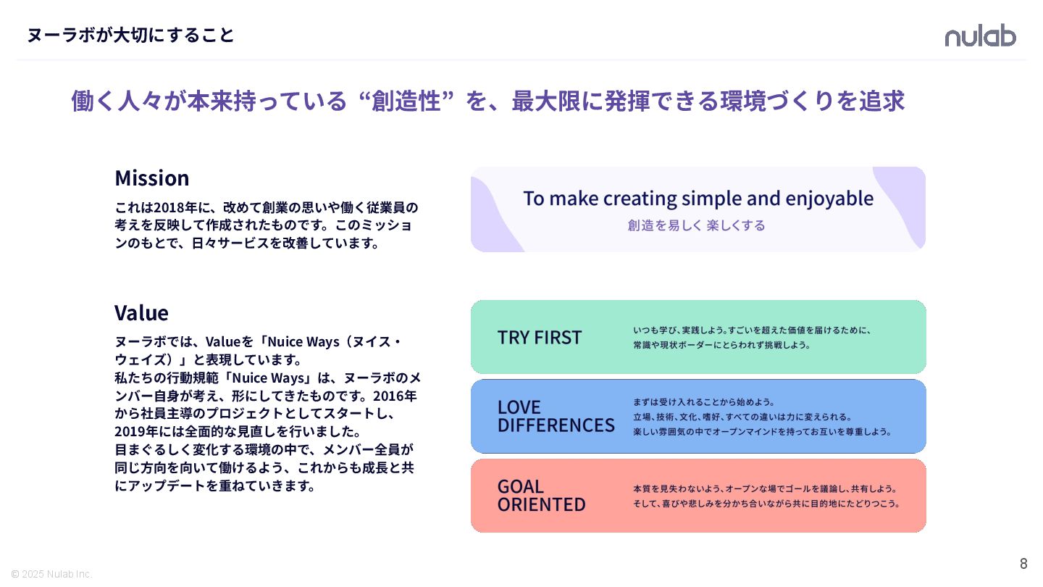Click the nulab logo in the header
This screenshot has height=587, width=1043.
pyautogui.click(x=980, y=36)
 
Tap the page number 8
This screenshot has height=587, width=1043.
pyautogui.click(x=1023, y=564)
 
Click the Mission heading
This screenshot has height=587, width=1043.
pyautogui.click(x=151, y=178)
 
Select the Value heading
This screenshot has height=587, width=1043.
pyautogui.click(x=141, y=312)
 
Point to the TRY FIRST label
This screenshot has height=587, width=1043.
pyautogui.click(x=540, y=337)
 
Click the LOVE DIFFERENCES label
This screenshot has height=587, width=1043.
pyautogui.click(x=556, y=416)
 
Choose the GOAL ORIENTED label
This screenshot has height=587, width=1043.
pyautogui.click(x=541, y=495)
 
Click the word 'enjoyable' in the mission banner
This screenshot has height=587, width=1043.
pyautogui.click(x=829, y=199)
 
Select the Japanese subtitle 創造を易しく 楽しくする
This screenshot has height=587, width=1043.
pyautogui.click(x=696, y=225)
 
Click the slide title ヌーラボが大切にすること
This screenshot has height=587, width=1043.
pyautogui.click(x=130, y=35)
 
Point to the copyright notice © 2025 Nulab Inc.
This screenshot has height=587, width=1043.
pyautogui.click(x=51, y=574)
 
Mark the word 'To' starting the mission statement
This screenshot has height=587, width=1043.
pyautogui.click(x=534, y=199)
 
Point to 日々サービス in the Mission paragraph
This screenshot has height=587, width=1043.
pyautogui.click(x=229, y=243)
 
